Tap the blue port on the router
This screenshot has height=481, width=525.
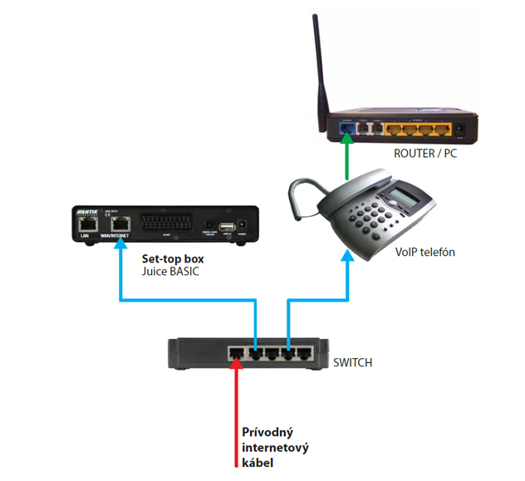346,130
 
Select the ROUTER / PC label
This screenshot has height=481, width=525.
426,155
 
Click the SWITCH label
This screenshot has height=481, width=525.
353,362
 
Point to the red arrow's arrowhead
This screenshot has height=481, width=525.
237,364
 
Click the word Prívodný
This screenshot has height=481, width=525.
267,433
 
